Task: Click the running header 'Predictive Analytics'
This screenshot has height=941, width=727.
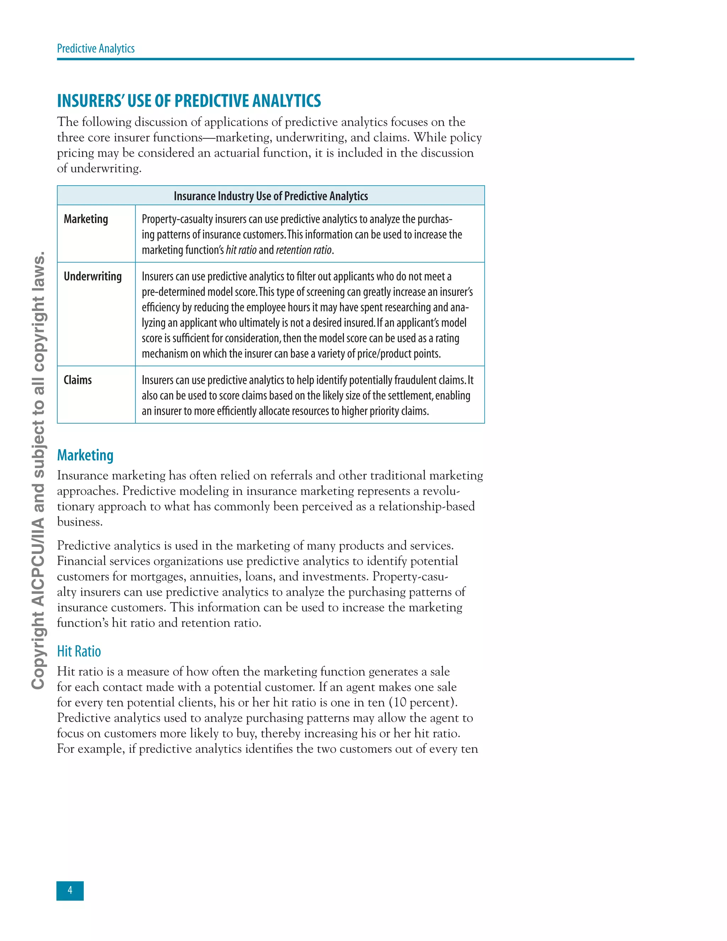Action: [95, 48]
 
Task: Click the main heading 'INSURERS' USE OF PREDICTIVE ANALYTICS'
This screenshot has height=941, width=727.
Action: [188, 101]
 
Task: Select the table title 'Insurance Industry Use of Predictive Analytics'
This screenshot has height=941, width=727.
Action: [270, 196]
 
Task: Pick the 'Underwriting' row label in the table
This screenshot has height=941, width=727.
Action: [93, 276]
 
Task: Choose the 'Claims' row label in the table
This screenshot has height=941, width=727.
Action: [77, 380]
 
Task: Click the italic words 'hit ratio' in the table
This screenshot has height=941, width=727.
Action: [241, 250]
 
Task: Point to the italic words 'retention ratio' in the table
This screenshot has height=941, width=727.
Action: [304, 250]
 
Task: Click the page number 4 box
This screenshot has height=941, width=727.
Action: [70, 891]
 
